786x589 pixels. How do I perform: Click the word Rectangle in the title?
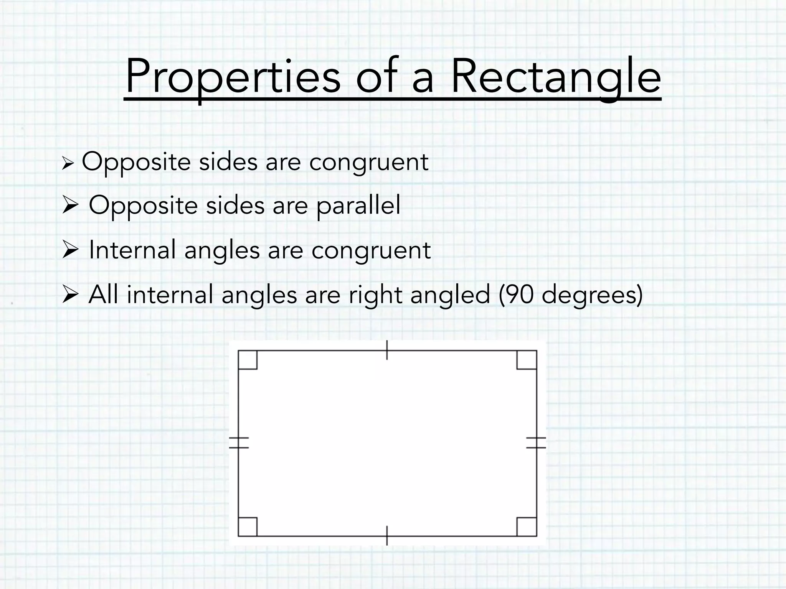point(556,77)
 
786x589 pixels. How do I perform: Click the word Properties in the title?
point(233,77)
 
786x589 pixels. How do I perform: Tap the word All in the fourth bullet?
point(102,295)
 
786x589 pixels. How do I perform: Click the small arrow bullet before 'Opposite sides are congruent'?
point(67,165)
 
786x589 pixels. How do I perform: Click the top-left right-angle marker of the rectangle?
point(248,360)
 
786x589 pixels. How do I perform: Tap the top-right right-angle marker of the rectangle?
point(527,360)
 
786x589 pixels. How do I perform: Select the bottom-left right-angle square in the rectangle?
point(248,526)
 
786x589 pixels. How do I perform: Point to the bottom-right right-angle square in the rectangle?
point(527,526)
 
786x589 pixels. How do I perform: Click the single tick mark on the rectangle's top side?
point(387,350)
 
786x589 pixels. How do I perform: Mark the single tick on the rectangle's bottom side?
point(387,536)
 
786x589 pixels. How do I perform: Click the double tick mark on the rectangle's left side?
point(239,443)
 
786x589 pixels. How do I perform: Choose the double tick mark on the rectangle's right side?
point(536,443)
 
